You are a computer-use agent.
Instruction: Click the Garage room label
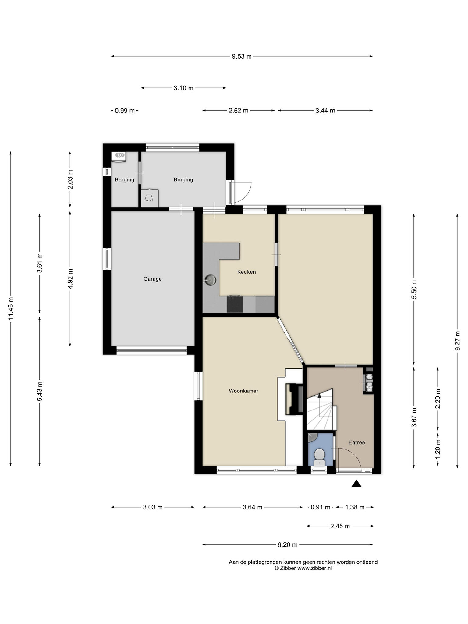(x=153, y=279)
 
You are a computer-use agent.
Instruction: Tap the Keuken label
(x=246, y=272)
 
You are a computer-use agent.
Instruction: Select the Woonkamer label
(x=243, y=391)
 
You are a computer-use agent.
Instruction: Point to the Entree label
(x=356, y=442)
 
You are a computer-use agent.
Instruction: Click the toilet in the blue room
(x=319, y=457)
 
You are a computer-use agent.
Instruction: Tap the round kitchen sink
(x=210, y=279)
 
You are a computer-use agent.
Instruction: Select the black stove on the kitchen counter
(x=235, y=304)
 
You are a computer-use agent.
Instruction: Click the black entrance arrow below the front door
(x=356, y=484)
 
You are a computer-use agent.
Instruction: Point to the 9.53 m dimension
(x=242, y=56)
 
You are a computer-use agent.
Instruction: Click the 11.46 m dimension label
(x=11, y=308)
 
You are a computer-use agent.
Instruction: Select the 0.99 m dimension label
(x=125, y=111)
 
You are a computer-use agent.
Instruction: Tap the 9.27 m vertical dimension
(x=457, y=341)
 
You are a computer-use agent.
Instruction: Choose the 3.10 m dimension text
(x=183, y=88)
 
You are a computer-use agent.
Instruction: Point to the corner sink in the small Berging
(x=119, y=157)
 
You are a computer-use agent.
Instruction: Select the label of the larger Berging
(x=183, y=179)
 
